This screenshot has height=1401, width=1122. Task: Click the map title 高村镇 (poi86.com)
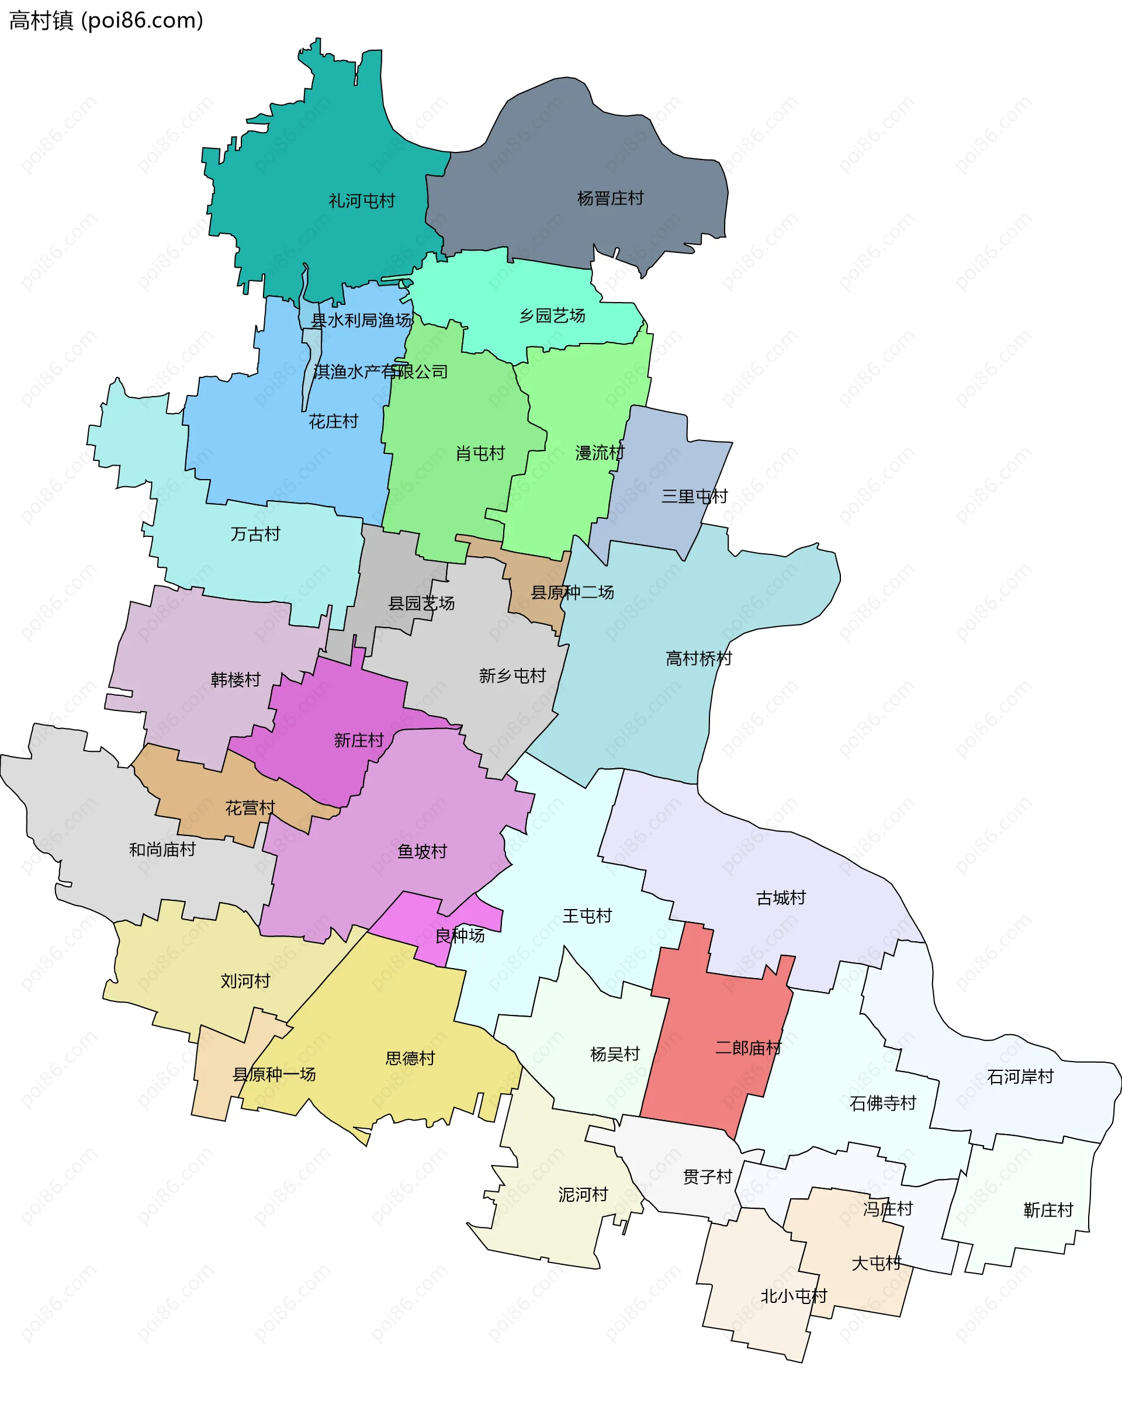pos(106,21)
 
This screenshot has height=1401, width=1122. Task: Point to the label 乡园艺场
pos(552,316)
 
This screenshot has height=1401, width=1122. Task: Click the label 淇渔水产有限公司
pos(380,372)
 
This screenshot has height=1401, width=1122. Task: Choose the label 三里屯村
pos(694,497)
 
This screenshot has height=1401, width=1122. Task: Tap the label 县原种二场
pos(572,592)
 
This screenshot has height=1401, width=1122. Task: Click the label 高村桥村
pos(698,658)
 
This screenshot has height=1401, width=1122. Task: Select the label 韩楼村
pos(236,679)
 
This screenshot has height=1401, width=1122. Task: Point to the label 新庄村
pos(358,740)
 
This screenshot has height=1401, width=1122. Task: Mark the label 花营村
pos(250,808)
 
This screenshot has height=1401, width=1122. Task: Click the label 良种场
pos(459,935)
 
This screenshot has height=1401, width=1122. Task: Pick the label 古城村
pos(780,898)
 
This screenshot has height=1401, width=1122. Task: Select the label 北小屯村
pos(793,1296)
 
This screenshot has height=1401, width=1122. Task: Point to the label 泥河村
pos(583,1194)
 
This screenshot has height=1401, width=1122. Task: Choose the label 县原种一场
pos(273,1074)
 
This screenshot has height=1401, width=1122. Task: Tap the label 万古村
pos(255,534)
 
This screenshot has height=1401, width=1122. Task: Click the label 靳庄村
pos(1047,1210)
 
